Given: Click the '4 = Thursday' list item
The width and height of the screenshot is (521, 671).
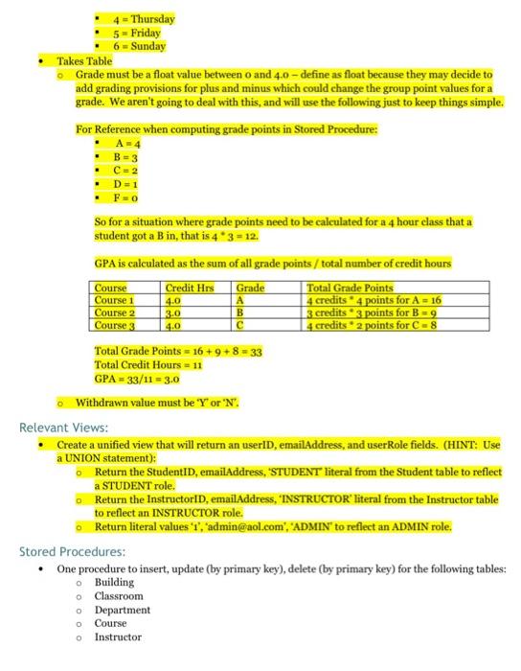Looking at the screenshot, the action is click(x=138, y=18).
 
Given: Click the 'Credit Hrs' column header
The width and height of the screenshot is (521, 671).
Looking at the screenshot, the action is click(x=188, y=287).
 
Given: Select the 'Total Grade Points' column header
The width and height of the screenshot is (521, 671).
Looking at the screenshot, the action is click(x=350, y=287).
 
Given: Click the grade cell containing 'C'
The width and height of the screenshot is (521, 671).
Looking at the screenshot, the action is click(x=242, y=324).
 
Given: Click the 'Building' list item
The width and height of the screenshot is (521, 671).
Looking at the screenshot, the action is click(x=113, y=583).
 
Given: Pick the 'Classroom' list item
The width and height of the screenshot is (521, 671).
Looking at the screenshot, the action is click(x=119, y=596).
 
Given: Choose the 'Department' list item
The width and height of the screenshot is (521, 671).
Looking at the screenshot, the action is click(x=122, y=610).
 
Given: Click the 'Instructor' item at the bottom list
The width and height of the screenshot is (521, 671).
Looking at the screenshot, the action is click(x=118, y=636).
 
